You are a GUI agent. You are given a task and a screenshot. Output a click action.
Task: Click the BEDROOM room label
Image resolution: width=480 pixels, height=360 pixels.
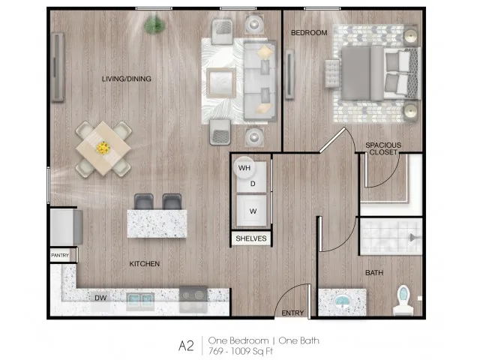309,33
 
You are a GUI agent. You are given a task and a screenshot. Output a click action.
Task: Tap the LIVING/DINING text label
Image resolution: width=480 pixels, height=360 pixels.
127,79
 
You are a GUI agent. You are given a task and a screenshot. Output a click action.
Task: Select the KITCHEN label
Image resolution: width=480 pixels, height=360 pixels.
145,264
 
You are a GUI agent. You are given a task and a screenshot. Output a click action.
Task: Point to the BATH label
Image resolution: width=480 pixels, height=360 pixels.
374,273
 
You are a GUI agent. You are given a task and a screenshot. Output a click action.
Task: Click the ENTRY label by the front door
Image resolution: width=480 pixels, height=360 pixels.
292,313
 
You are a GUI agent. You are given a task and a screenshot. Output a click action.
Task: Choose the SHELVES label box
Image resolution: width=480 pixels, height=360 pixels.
251,238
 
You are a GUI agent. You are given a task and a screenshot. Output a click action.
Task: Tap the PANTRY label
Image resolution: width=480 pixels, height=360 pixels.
60,255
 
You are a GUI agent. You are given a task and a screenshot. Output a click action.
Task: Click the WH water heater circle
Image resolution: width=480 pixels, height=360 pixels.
244,167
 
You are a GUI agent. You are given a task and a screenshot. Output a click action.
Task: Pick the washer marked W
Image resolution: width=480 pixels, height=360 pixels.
252,211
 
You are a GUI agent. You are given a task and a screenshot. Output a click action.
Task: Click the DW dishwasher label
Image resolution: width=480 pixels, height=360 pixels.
100,298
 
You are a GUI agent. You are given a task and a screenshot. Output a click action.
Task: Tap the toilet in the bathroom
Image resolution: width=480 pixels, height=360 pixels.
403,300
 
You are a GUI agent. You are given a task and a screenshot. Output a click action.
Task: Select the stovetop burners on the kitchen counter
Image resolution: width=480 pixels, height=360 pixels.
193,295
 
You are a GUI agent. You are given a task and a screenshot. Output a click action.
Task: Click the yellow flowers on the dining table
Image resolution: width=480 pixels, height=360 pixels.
103,148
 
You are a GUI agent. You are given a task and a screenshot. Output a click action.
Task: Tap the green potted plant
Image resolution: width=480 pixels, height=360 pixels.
155,25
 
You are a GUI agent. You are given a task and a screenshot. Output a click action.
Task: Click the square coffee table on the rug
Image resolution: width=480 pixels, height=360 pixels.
221,83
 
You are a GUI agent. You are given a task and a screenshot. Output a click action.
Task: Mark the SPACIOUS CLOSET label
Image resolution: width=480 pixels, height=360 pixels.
383,148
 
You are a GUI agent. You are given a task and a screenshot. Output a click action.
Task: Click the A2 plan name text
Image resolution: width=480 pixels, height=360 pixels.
186,346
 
